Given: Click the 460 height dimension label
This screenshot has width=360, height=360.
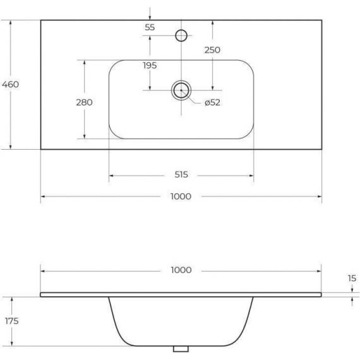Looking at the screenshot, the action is (11, 84).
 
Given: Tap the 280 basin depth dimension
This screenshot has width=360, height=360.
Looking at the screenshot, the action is (84, 102).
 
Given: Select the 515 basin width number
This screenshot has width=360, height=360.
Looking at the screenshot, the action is (181, 174).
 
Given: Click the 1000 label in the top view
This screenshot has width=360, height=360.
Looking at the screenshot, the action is (181, 196).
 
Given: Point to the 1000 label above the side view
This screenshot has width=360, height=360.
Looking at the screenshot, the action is (181, 270).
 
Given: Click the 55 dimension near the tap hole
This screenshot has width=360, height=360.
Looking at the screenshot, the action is (150, 27).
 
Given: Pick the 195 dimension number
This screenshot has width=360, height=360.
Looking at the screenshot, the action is (150, 66).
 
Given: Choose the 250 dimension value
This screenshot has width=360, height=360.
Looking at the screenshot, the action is (212, 50).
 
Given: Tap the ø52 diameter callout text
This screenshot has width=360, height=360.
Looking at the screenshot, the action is (212, 102).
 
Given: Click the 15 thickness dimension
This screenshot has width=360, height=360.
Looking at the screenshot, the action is (352, 279).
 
